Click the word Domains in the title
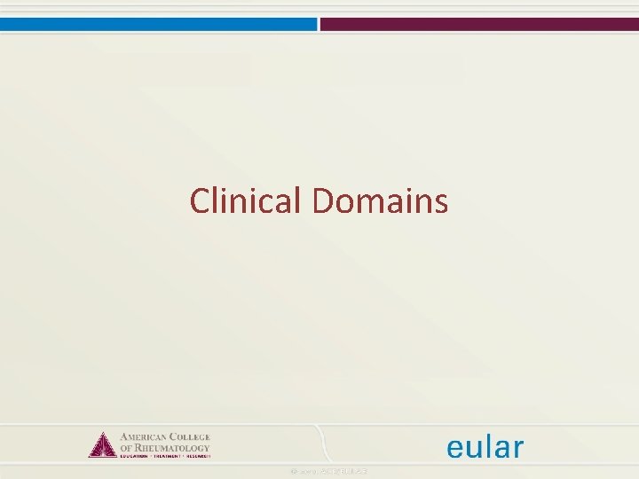pos(380,201)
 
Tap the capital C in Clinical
pos(200,202)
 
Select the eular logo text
pos(485,446)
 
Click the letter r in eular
pos(517,449)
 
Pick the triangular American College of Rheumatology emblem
pos(102,444)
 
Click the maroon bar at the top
pos(479,24)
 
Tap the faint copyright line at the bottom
pos(329,470)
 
